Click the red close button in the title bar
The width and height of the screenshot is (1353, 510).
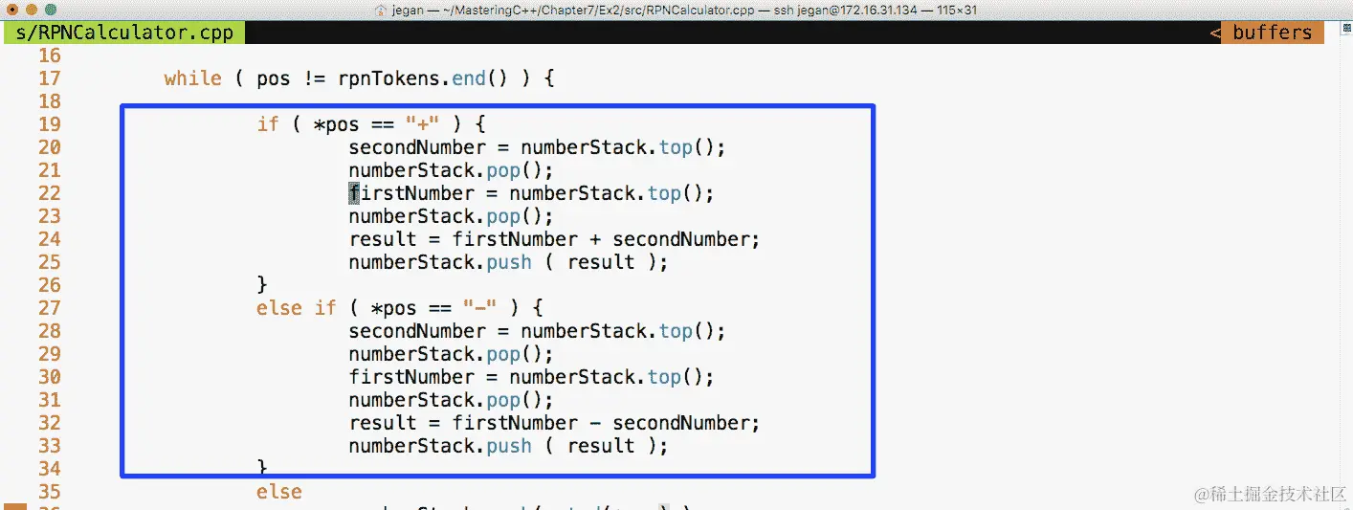[x=12, y=10]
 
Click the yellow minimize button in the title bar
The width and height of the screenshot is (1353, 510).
[x=32, y=10]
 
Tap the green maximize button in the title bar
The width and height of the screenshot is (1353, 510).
[x=51, y=10]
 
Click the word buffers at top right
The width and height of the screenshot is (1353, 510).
[x=1272, y=33]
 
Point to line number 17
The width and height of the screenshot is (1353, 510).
[x=49, y=78]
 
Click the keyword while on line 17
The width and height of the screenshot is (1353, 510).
[x=192, y=78]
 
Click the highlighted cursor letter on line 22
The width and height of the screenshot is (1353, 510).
[x=354, y=193]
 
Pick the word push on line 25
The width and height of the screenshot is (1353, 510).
[x=508, y=262]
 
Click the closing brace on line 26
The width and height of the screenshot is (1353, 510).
[x=262, y=285]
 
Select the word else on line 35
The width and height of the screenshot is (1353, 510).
[x=278, y=492]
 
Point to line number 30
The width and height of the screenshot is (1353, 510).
[x=49, y=377]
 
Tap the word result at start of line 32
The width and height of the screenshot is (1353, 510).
[x=382, y=423]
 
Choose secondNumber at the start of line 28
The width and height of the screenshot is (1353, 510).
[x=416, y=331]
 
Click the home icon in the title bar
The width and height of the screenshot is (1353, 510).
[x=380, y=10]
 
